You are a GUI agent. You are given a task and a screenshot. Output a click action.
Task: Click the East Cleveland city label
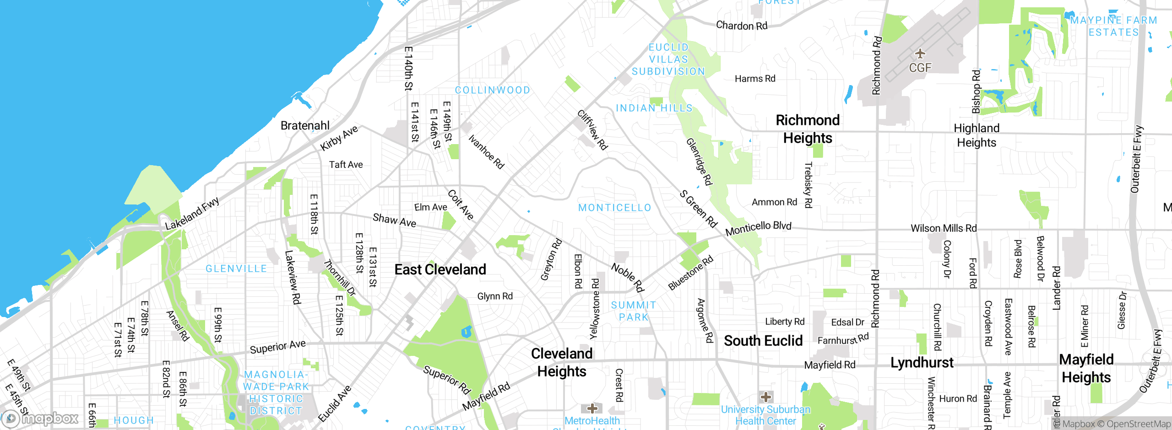[x=440, y=269]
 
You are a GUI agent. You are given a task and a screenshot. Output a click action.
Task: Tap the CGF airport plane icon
[x=920, y=54]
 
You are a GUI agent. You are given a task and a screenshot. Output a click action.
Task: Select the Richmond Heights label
[x=808, y=129]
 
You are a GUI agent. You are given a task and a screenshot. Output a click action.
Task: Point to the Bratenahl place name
[x=305, y=125]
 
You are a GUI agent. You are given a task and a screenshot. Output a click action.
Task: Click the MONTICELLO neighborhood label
[x=614, y=208]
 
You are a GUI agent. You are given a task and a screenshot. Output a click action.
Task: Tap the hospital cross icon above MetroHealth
[x=592, y=408]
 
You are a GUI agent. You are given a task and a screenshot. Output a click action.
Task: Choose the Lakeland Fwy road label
[x=192, y=214]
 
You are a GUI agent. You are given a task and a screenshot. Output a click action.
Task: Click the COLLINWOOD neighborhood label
[x=492, y=90]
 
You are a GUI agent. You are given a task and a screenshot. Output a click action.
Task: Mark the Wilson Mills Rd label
[x=943, y=228]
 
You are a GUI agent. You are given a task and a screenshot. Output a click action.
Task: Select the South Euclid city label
[x=763, y=341]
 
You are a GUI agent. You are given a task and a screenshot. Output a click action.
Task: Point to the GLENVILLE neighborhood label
[x=236, y=269]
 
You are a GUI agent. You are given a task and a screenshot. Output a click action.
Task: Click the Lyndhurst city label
[x=922, y=363]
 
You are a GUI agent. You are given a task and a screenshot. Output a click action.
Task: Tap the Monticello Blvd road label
[x=758, y=228]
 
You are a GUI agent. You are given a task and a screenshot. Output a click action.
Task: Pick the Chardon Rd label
[x=741, y=26]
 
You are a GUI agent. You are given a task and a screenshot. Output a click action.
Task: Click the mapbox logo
[x=40, y=419]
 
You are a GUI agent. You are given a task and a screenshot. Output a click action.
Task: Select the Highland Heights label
[x=977, y=135]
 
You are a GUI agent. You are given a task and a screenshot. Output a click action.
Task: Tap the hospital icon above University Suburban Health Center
[x=765, y=397]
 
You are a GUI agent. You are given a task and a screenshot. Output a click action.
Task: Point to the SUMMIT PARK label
[x=634, y=311]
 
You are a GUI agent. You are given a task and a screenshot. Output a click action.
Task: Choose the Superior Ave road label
[x=277, y=347]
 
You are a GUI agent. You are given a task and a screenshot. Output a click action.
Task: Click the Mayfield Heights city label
[x=1086, y=368]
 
